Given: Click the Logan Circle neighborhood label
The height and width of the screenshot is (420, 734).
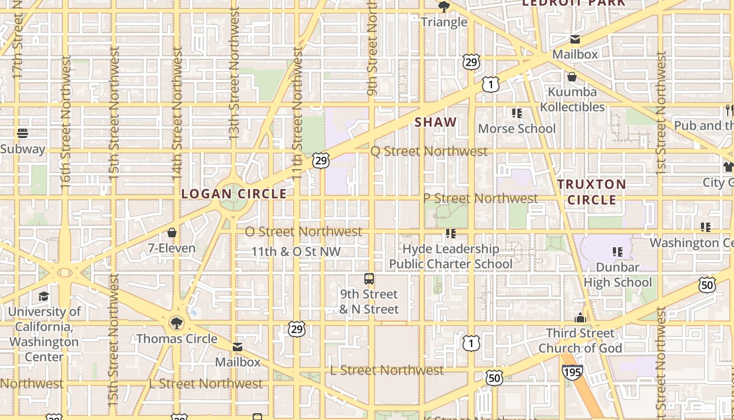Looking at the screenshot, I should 234,194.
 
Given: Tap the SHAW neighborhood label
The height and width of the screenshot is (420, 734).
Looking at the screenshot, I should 436,122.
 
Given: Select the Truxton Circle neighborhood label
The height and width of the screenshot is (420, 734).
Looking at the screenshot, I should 591,192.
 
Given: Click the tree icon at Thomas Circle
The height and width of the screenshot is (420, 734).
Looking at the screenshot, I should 177,322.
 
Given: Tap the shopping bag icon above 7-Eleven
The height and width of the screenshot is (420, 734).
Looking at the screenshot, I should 171,233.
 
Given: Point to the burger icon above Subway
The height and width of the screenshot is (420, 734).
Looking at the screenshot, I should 23,133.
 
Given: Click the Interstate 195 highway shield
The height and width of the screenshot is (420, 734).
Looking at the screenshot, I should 572,372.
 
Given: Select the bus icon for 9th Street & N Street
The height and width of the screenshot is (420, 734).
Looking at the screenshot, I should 369,278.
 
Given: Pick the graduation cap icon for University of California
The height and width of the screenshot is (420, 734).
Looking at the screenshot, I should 44,296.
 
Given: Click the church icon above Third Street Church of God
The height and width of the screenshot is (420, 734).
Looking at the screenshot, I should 580,318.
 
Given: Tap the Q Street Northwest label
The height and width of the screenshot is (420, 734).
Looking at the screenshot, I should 429,151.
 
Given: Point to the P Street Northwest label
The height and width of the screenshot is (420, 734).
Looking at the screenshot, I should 480,198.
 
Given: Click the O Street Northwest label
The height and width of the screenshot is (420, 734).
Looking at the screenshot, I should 304,232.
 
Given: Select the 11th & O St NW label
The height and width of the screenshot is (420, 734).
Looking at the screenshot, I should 296,252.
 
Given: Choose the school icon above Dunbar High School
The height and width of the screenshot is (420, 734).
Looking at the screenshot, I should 618,252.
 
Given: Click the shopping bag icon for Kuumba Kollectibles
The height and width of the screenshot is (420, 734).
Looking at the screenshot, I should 572,77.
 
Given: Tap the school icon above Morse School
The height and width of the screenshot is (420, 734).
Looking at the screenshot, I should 516,113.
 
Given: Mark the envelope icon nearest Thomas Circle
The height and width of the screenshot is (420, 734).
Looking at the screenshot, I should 238,347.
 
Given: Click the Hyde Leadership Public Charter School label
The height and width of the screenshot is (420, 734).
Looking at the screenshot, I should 450,256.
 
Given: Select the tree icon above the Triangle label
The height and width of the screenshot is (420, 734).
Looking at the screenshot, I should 444,7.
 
